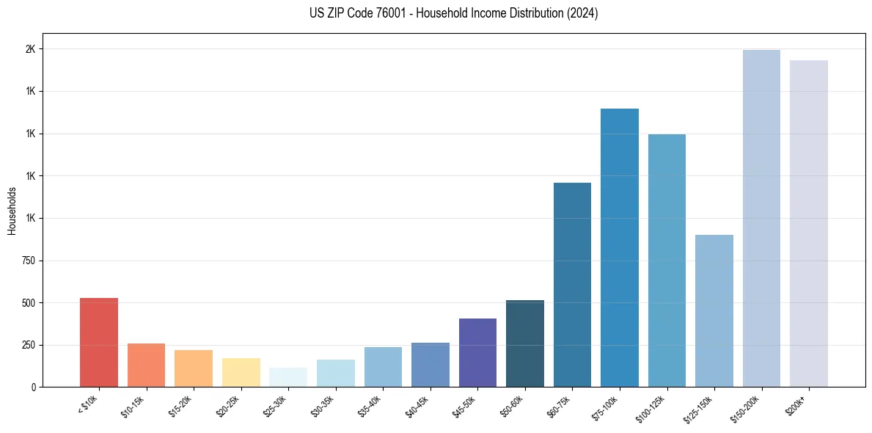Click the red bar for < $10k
coord(99,342)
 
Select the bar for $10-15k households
coord(146,365)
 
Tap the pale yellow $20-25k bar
coord(241,372)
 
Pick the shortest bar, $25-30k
coord(288,377)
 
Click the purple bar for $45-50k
coord(477,352)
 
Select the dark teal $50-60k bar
coord(525,343)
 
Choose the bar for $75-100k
coord(620,247)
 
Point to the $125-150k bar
coord(714,310)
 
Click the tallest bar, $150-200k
coord(761,218)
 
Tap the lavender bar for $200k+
coord(809,223)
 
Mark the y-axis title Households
coord(12,211)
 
